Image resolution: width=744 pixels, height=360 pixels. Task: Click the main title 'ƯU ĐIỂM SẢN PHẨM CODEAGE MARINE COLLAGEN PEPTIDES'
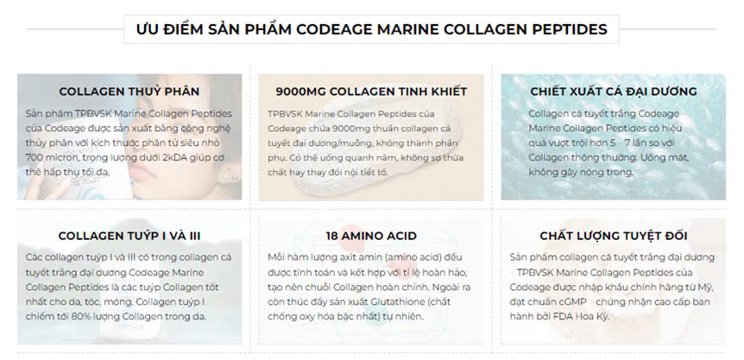pyautogui.click(x=371, y=29)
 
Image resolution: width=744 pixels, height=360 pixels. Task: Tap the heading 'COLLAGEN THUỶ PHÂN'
pyautogui.click(x=129, y=92)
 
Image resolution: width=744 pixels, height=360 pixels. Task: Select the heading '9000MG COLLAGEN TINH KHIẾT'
pyautogui.click(x=371, y=92)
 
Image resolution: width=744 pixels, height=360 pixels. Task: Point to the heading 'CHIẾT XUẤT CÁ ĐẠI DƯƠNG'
pyautogui.click(x=614, y=92)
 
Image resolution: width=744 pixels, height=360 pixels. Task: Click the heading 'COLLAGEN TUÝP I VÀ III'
pyautogui.click(x=129, y=236)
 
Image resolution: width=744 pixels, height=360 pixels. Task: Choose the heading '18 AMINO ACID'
pyautogui.click(x=371, y=236)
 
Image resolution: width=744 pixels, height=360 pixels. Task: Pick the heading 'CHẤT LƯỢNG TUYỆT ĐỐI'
pyautogui.click(x=614, y=236)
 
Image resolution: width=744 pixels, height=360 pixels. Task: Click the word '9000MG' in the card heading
pyautogui.click(x=301, y=92)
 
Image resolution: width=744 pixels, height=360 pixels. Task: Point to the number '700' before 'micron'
pyautogui.click(x=34, y=157)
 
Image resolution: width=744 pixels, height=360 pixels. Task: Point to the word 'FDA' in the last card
pyautogui.click(x=564, y=316)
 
